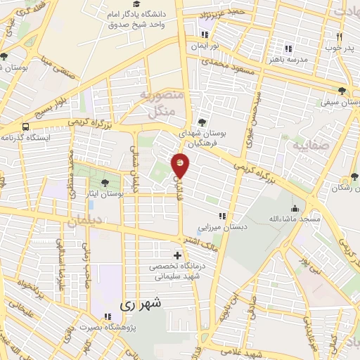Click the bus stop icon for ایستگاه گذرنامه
pyautogui.click(x=26, y=127)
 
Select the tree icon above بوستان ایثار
pyautogui.click(x=105, y=183)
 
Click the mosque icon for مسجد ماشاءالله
pyautogui.click(x=295, y=209)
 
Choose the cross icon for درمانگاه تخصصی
pyautogui.click(x=176, y=255)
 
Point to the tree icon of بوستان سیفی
pyautogui.click(x=342, y=91)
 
